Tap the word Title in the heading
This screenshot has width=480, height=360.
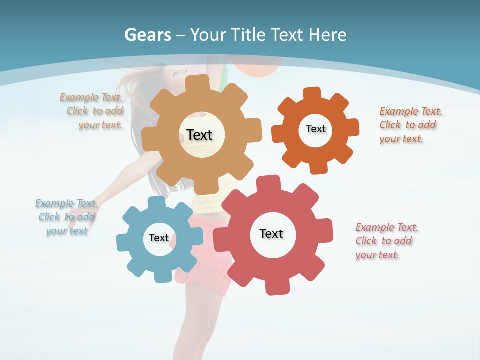click(x=247, y=35)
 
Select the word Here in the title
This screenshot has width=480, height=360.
click(x=327, y=35)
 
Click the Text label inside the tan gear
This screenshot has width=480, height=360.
click(x=199, y=135)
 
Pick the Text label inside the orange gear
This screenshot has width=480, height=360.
click(x=315, y=129)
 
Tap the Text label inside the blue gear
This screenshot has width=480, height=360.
click(x=158, y=238)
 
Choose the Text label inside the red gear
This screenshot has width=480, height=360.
click(x=271, y=233)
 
